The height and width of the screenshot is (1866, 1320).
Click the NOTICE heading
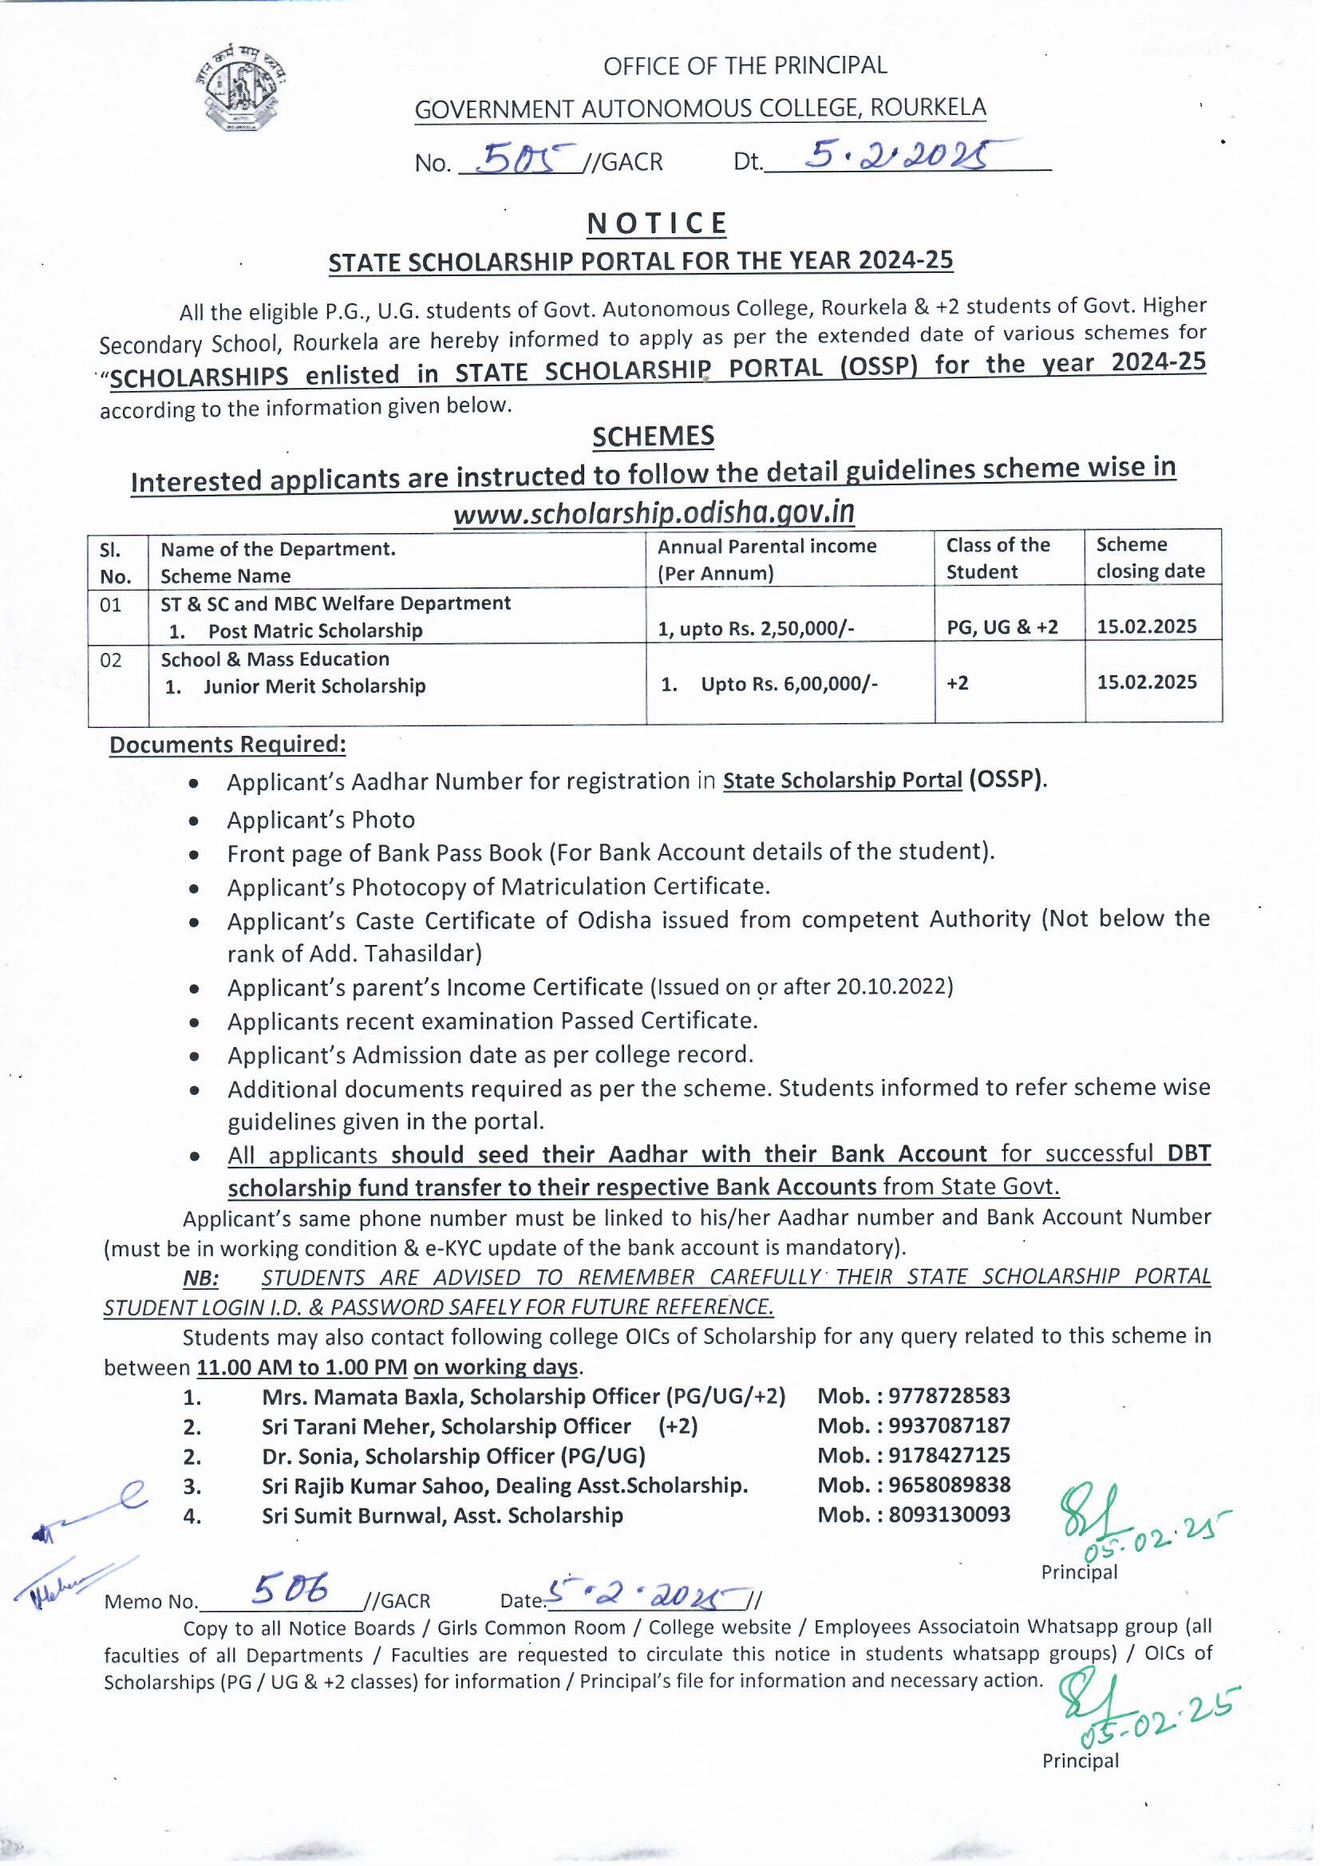coord(656,223)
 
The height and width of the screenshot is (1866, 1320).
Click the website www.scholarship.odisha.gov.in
coord(654,513)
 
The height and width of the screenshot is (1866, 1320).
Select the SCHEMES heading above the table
coord(654,437)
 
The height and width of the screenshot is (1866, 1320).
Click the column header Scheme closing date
coord(1149,558)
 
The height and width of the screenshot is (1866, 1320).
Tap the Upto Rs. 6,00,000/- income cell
coord(788,684)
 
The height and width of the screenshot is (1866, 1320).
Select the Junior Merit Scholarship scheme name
coord(314,686)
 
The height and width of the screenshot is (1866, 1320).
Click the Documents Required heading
coord(227,745)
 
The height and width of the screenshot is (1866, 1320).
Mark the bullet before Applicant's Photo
coord(193,821)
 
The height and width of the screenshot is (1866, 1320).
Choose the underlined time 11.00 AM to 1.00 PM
coord(302,1367)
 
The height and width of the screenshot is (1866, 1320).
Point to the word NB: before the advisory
coord(201,1278)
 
